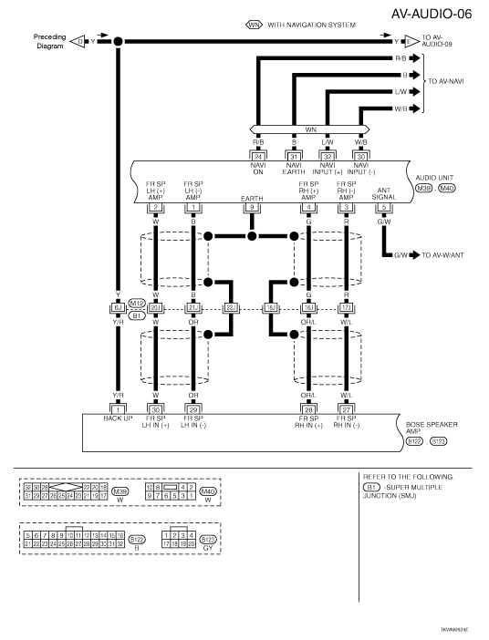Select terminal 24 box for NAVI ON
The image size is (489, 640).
[257, 156]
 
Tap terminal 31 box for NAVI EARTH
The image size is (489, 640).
[294, 156]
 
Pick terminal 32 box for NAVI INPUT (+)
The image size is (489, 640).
[328, 156]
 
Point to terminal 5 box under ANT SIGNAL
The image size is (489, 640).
[384, 208]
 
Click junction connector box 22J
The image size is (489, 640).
[231, 308]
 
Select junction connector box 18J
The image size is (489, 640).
[271, 308]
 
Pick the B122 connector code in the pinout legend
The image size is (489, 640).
[138, 540]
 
